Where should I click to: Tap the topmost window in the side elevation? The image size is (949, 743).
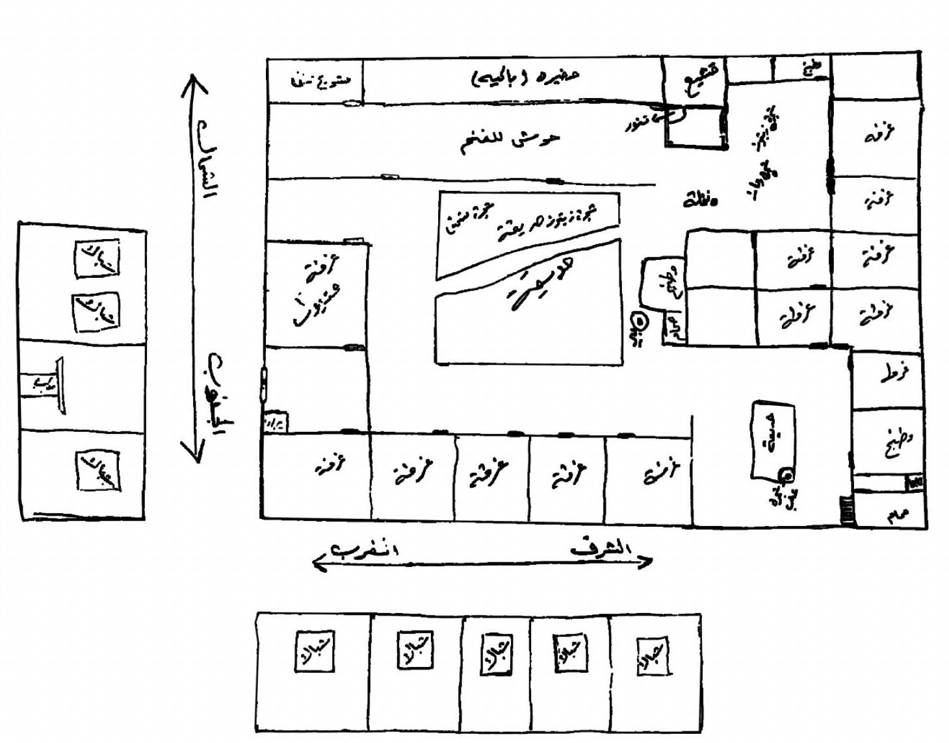[97, 259]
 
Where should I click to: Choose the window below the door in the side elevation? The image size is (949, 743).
[99, 471]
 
